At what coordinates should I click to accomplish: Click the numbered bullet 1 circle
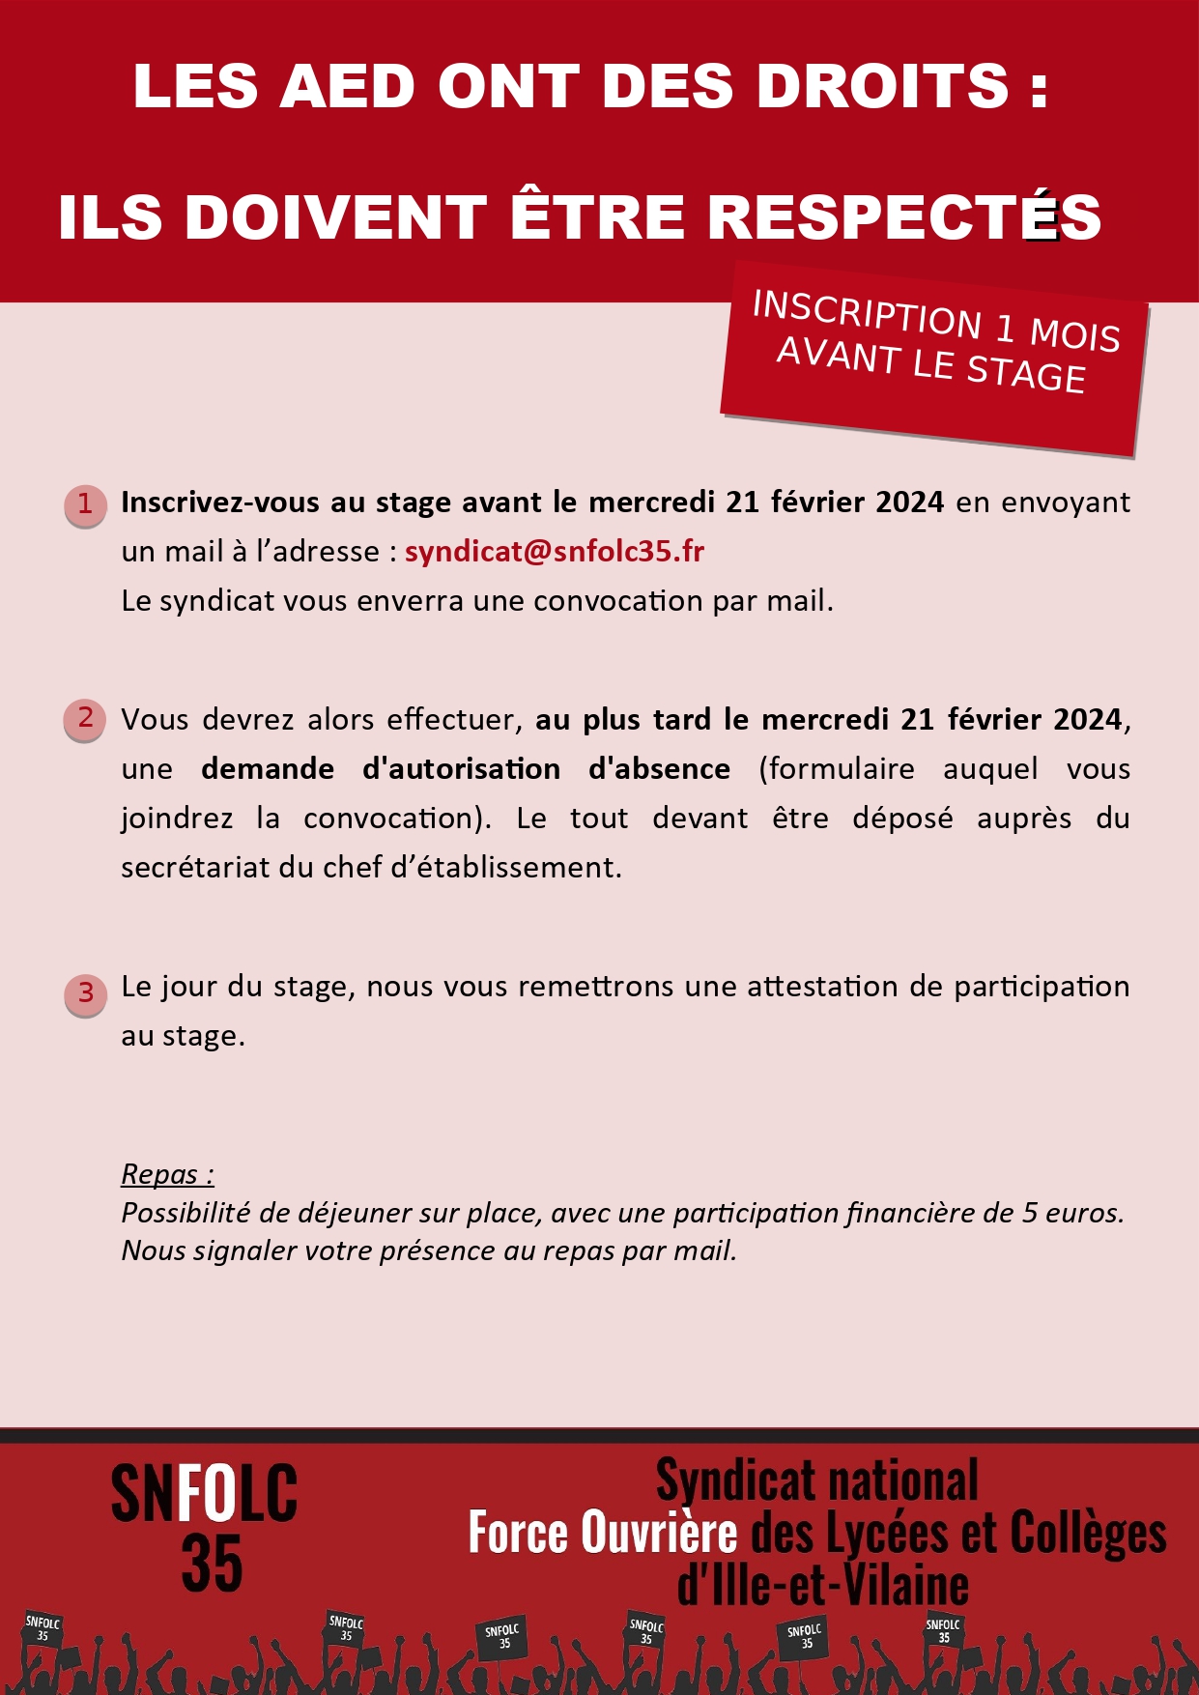pyautogui.click(x=85, y=505)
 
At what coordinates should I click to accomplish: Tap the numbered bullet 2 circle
pyautogui.click(x=85, y=719)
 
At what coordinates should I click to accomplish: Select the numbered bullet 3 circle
pyautogui.click(x=85, y=994)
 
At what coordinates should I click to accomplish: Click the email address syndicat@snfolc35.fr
pyautogui.click(x=555, y=551)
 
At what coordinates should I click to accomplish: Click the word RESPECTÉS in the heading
pyautogui.click(x=904, y=216)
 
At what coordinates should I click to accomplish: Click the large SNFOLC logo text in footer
pyautogui.click(x=204, y=1493)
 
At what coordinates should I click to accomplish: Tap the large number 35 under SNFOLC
pyautogui.click(x=212, y=1563)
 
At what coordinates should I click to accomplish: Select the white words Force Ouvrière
pyautogui.click(x=602, y=1534)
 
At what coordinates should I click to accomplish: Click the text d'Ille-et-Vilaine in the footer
pyautogui.click(x=822, y=1585)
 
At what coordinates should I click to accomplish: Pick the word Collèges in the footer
pyautogui.click(x=1088, y=1534)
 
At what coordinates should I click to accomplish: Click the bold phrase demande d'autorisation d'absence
pyautogui.click(x=466, y=769)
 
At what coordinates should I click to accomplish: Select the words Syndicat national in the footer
pyautogui.click(x=816, y=1480)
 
